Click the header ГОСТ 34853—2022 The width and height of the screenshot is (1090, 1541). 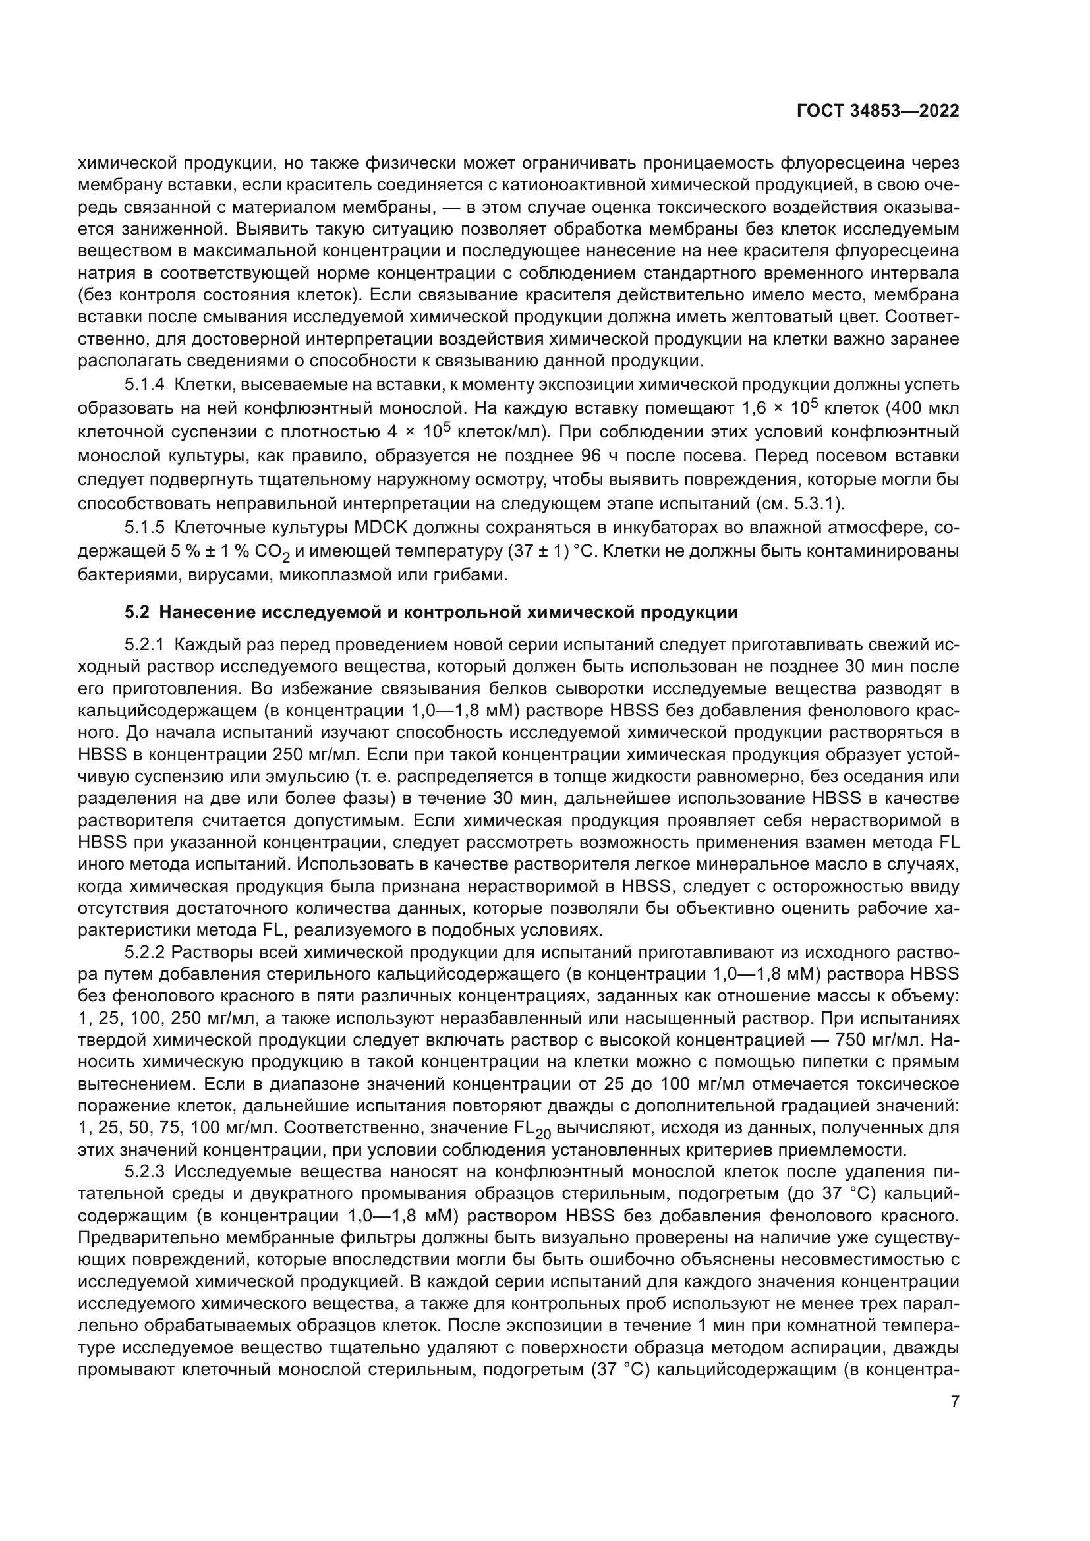point(877,111)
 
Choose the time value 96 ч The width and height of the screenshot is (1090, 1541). point(593,456)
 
